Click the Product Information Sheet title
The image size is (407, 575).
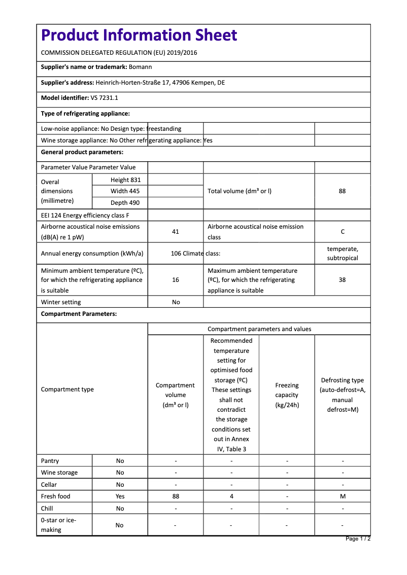pyautogui.click(x=139, y=35)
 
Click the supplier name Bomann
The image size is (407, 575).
pyautogui.click(x=141, y=67)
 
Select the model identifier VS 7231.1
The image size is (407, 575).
pyautogui.click(x=105, y=98)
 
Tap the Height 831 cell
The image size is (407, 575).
pyautogui.click(x=125, y=180)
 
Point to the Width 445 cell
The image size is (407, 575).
pyautogui.click(x=125, y=191)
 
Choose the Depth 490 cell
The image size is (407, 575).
pyautogui.click(x=125, y=203)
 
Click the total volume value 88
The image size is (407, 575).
pyautogui.click(x=342, y=191)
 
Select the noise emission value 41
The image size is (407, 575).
pyautogui.click(x=176, y=232)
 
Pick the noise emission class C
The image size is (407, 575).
pyautogui.click(x=343, y=232)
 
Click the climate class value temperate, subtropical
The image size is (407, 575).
pyautogui.click(x=343, y=254)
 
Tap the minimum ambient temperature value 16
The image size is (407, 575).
pyautogui.click(x=176, y=280)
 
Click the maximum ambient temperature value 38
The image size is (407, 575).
pyautogui.click(x=342, y=280)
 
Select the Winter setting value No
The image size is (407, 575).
pyautogui.click(x=176, y=302)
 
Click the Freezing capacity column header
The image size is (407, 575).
pyautogui.click(x=287, y=395)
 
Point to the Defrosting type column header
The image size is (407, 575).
pyautogui.click(x=343, y=394)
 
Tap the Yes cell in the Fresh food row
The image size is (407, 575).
pyautogui.click(x=120, y=496)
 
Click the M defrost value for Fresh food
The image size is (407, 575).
pyautogui.click(x=343, y=496)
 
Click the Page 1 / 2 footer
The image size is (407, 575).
pyautogui.click(x=358, y=538)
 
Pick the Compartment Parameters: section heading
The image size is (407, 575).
pyautogui.click(x=79, y=314)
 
